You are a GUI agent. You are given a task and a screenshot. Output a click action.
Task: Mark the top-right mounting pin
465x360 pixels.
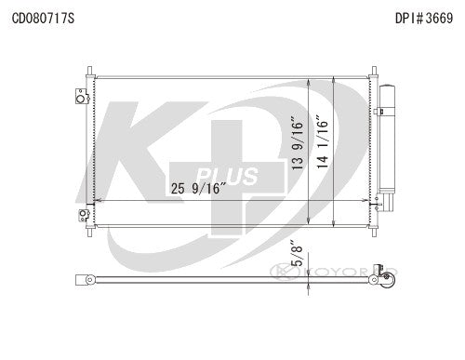373,72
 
